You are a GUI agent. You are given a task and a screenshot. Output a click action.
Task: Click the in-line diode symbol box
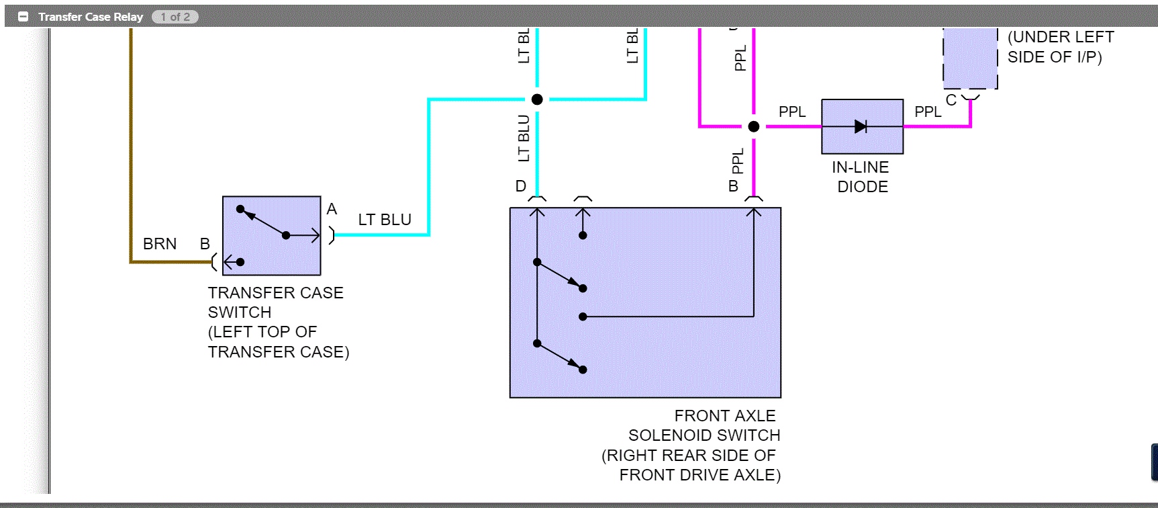click(x=862, y=126)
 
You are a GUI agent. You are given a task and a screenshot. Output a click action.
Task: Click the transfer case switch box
click(x=271, y=235)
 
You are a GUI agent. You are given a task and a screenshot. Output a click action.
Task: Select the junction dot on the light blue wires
click(x=537, y=99)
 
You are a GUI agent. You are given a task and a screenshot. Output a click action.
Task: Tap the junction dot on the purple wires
click(x=753, y=126)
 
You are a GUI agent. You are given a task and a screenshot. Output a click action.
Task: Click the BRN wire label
click(x=160, y=244)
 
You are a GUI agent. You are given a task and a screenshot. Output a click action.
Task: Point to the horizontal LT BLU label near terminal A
click(x=384, y=220)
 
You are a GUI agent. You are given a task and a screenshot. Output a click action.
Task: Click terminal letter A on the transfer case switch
click(x=332, y=209)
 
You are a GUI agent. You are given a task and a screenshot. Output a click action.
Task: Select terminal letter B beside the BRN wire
click(x=205, y=244)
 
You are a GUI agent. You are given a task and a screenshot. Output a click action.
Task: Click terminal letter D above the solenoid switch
click(x=520, y=186)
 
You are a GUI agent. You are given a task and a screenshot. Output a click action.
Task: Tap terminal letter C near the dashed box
click(x=951, y=101)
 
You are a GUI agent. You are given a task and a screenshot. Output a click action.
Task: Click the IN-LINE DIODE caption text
click(x=861, y=177)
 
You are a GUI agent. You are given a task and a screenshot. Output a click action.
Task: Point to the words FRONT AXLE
click(x=724, y=416)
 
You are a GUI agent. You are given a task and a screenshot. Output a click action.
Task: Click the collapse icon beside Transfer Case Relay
click(x=23, y=17)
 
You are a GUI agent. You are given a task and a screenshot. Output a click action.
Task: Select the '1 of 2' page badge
click(x=175, y=17)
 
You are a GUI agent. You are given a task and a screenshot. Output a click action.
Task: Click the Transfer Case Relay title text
click(x=91, y=17)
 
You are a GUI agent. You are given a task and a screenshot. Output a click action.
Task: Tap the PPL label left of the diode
click(x=792, y=112)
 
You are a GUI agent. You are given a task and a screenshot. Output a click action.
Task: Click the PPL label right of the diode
click(x=928, y=112)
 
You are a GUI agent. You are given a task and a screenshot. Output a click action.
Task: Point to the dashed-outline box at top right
click(x=970, y=58)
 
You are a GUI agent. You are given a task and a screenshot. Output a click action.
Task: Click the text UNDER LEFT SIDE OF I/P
click(x=1060, y=47)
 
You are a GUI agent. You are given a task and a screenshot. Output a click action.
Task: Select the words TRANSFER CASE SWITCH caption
click(x=275, y=302)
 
